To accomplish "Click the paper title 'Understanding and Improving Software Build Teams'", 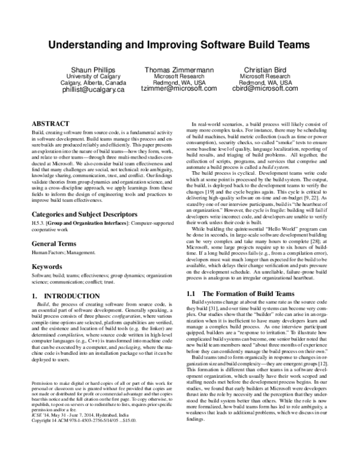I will tap(179, 45).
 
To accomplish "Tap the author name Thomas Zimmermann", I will tap(179, 70).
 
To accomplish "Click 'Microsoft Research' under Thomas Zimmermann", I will tap(179, 77).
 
